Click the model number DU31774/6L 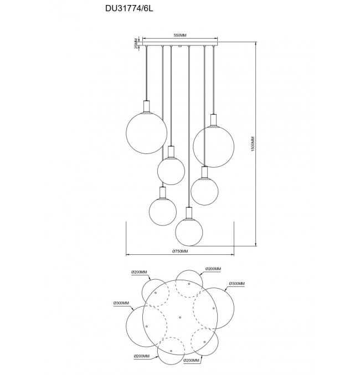(129, 9)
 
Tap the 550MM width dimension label (180, 35)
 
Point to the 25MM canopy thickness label (136, 44)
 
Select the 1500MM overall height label (253, 143)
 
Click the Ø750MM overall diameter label (180, 251)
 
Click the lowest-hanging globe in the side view (189, 232)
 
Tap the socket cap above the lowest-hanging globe (189, 213)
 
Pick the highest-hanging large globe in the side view (146, 133)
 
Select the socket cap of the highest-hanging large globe (146, 106)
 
